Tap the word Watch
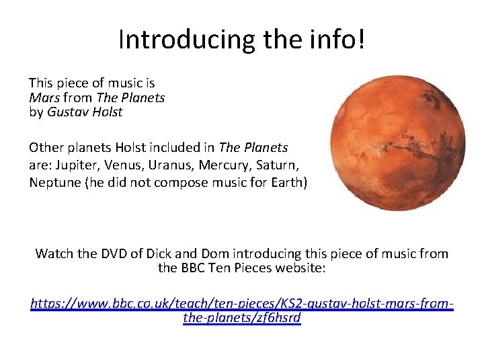(54, 253)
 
